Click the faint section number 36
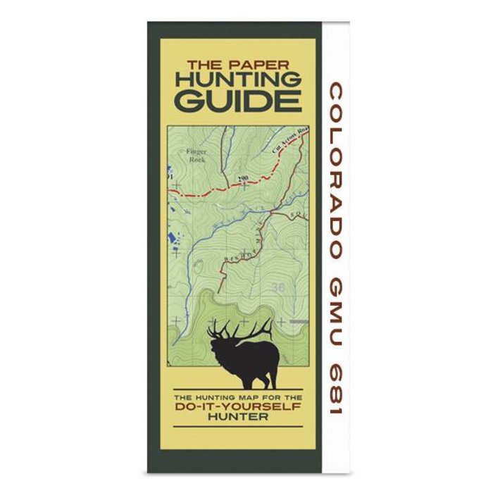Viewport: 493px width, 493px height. [x=278, y=287]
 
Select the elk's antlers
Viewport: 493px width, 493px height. [x=239, y=329]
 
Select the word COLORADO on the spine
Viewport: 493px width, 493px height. [x=336, y=170]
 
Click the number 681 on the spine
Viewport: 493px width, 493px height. [x=336, y=387]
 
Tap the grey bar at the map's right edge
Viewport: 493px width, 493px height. [x=299, y=321]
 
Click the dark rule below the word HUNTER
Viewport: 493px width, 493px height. [x=237, y=427]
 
